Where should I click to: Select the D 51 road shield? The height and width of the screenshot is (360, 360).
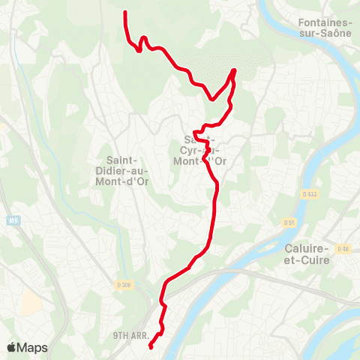pos(289,223)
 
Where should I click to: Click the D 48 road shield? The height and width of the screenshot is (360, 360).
pos(343,248)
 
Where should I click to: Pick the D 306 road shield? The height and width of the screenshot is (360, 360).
pos(124,283)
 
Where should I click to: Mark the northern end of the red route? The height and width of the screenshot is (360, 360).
pos(124,13)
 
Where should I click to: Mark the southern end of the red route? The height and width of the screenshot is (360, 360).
pos(151,346)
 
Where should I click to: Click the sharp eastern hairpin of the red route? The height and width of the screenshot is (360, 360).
pos(234,70)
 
